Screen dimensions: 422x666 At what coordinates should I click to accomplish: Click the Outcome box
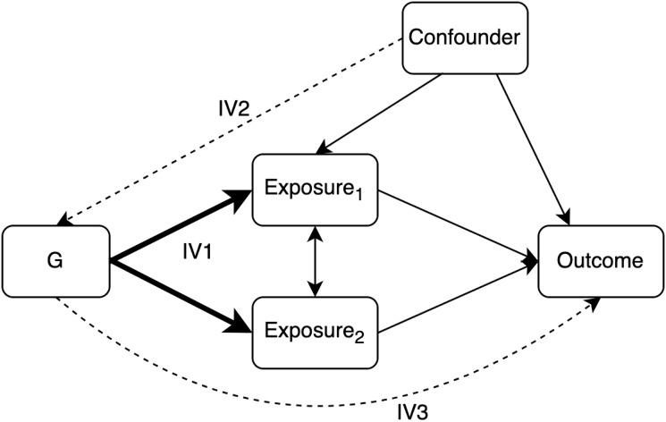click(599, 262)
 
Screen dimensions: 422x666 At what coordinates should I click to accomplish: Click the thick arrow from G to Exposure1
click(179, 226)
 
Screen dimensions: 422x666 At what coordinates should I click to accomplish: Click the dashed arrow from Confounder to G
click(232, 131)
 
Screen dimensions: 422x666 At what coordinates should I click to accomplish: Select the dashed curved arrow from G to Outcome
click(322, 391)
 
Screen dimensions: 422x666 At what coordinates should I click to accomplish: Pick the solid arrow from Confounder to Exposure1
click(380, 113)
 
